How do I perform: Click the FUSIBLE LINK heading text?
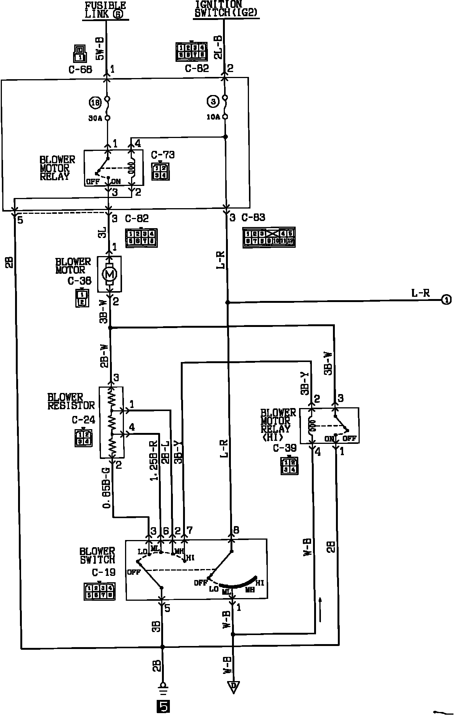click(x=105, y=10)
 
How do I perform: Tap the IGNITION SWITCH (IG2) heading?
click(x=225, y=9)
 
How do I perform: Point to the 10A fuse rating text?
click(x=213, y=117)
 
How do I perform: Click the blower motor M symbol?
click(x=110, y=274)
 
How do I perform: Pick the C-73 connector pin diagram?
click(x=160, y=171)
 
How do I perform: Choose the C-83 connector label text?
click(x=253, y=218)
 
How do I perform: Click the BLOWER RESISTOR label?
click(x=71, y=401)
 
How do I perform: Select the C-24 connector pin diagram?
click(x=83, y=437)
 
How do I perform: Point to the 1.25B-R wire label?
click(x=154, y=460)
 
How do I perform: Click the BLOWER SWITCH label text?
click(x=97, y=555)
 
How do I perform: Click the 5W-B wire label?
click(x=99, y=49)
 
